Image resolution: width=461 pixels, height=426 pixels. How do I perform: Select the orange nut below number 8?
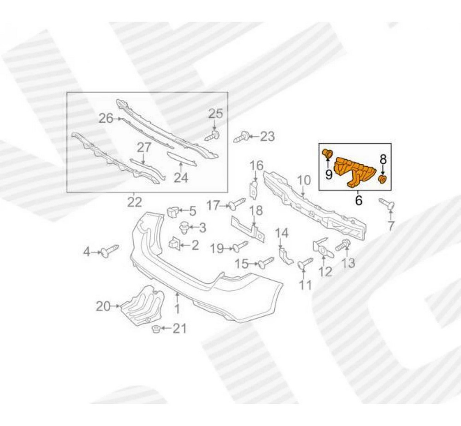[x=382, y=179]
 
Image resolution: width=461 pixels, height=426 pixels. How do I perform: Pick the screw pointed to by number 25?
[x=213, y=136]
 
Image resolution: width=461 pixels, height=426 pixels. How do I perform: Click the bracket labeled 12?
[x=322, y=248]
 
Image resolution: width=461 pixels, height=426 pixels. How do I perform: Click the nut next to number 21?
[x=156, y=329]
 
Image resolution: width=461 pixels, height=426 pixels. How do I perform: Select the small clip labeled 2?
[x=175, y=243]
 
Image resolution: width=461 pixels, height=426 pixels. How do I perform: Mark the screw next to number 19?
[x=240, y=247]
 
